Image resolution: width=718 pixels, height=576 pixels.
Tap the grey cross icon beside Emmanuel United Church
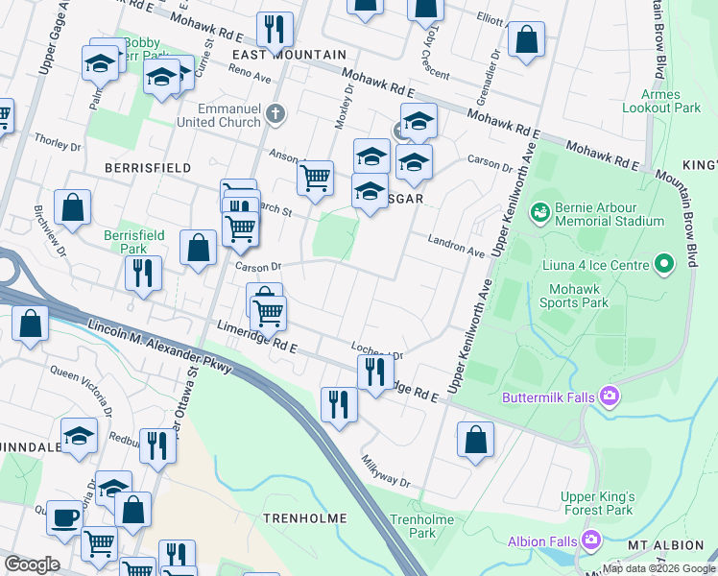point(276,115)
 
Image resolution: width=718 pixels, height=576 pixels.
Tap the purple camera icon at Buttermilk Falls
point(609,396)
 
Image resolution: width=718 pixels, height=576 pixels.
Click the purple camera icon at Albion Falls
point(591,540)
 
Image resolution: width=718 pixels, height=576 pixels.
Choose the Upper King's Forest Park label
point(597,503)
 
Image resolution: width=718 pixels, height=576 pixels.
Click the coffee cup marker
point(64,517)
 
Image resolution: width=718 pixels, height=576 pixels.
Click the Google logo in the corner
point(32,564)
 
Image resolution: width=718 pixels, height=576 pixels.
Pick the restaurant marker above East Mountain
point(276,30)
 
